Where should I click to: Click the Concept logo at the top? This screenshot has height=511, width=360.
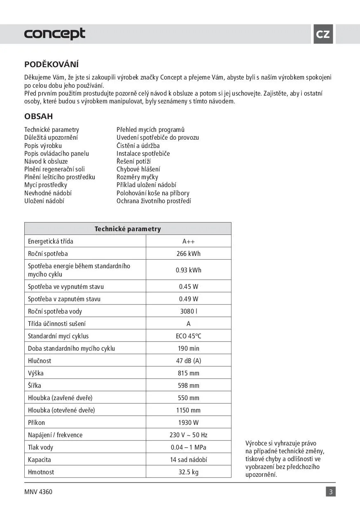pyautogui.click(x=55, y=34)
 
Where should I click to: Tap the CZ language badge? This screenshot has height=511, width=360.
pyautogui.click(x=323, y=34)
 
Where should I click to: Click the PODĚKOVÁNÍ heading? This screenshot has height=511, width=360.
pyautogui.click(x=51, y=64)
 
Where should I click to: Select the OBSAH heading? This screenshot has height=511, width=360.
pyautogui.click(x=38, y=117)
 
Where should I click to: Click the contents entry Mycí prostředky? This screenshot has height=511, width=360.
pyautogui.click(x=46, y=185)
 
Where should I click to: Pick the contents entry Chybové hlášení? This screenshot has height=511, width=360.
pyautogui.click(x=138, y=169)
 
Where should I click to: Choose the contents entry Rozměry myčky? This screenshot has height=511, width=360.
pyautogui.click(x=137, y=177)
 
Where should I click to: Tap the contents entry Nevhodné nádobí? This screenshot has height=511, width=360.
pyautogui.click(x=48, y=193)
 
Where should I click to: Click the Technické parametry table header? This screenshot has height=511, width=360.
pyautogui.click(x=128, y=229)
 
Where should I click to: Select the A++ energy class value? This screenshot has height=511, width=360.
pyautogui.click(x=189, y=241)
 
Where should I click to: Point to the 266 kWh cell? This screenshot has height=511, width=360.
pyautogui.click(x=189, y=254)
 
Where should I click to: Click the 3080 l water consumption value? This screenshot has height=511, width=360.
pyautogui.click(x=189, y=312)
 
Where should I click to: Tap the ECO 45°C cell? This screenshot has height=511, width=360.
pyautogui.click(x=189, y=336)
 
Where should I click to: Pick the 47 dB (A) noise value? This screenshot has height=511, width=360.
pyautogui.click(x=189, y=361)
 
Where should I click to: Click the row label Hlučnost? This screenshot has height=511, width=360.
pyautogui.click(x=40, y=361)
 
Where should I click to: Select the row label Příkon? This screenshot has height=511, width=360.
pyautogui.click(x=36, y=423)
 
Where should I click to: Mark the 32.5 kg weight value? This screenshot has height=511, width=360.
pyautogui.click(x=189, y=472)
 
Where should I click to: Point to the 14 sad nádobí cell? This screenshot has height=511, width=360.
pyautogui.click(x=189, y=460)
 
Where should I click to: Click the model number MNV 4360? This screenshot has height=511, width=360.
pyautogui.click(x=38, y=492)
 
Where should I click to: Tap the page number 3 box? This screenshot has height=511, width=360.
pyautogui.click(x=331, y=492)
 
